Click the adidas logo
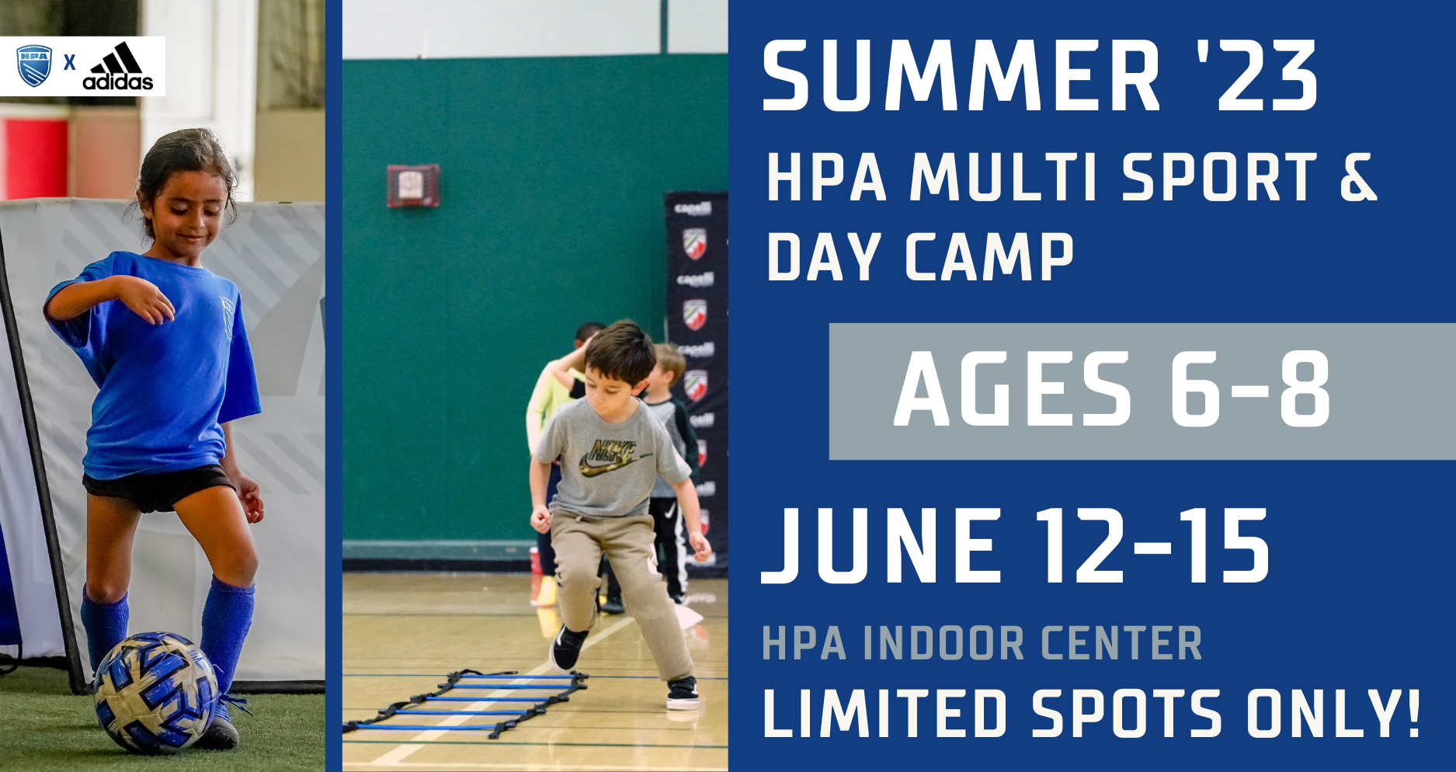pyautogui.click(x=118, y=66)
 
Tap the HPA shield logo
pyautogui.click(x=34, y=65)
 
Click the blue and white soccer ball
pyautogui.click(x=155, y=691)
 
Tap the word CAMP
pyautogui.click(x=989, y=256)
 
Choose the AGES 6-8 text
pyautogui.click(x=1113, y=389)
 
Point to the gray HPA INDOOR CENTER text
pyautogui.click(x=982, y=643)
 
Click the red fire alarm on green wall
pyautogui.click(x=413, y=186)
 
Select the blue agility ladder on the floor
pyautogui.click(x=466, y=703)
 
